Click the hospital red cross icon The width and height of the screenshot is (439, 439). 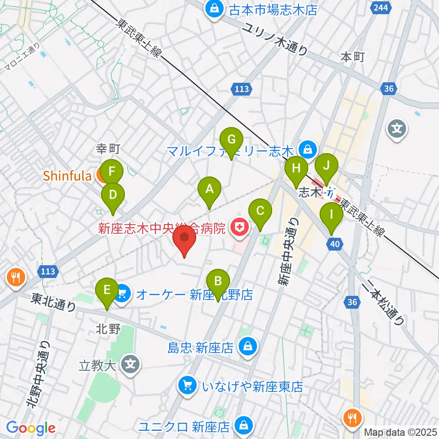238,226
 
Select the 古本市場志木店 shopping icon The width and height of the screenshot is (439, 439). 214,9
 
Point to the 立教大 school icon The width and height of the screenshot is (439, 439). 130,364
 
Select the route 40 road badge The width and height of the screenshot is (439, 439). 335,245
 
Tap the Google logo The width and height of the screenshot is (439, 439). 31,428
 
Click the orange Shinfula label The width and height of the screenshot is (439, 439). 67,175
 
